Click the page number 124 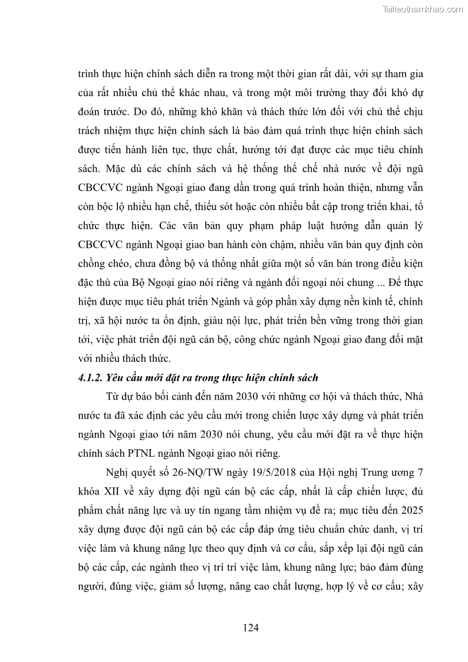251,627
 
